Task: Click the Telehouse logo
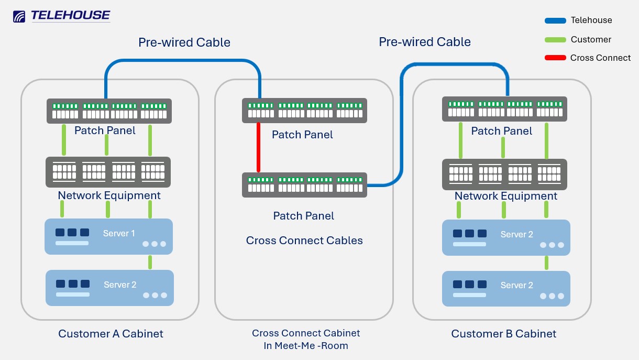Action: tap(61, 16)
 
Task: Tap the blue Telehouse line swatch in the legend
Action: tap(555, 21)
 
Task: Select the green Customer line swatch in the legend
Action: tap(555, 40)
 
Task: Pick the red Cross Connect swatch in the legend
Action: tap(555, 58)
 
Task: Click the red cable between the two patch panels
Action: tap(258, 147)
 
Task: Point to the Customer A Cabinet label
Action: tap(111, 334)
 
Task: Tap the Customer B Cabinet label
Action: tap(503, 334)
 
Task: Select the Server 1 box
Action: tap(108, 236)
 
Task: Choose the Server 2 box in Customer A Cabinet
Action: tap(109, 288)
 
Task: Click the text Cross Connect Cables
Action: tap(304, 241)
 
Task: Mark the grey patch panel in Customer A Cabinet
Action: tap(109, 111)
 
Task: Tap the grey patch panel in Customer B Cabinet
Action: tap(505, 109)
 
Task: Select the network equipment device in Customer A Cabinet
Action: tap(108, 172)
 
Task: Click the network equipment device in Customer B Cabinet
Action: tap(505, 174)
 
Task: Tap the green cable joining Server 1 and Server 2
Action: tap(150, 262)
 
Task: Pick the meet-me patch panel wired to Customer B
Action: tap(304, 184)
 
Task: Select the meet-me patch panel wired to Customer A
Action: tap(304, 111)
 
